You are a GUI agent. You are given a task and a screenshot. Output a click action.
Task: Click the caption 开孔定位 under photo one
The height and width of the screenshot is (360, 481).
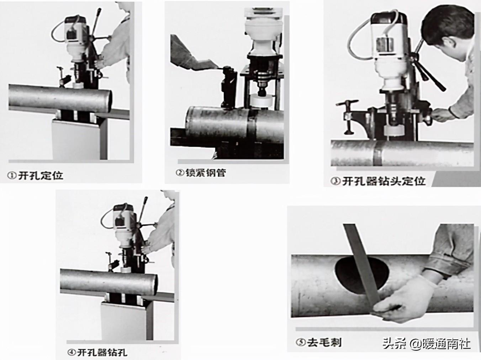(41, 175)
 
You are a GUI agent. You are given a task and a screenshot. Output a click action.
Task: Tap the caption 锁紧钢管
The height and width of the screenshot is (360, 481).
(206, 173)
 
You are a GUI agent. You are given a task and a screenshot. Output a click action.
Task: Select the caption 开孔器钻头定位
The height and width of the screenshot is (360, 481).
(384, 181)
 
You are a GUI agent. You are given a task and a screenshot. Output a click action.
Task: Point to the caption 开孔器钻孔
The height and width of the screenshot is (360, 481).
(102, 352)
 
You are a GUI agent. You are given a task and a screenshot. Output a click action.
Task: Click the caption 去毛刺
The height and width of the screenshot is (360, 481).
(324, 343)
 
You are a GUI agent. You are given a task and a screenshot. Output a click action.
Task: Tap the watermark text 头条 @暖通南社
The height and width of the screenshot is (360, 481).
(427, 343)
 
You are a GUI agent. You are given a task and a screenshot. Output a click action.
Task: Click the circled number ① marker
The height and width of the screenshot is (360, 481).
(12, 176)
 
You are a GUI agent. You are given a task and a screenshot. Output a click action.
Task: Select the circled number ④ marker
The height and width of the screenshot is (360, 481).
(72, 353)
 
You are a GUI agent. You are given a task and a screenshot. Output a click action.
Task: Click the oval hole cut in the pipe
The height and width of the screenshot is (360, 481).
(361, 275)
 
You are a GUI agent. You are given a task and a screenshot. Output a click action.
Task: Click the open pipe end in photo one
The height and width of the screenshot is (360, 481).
(109, 101)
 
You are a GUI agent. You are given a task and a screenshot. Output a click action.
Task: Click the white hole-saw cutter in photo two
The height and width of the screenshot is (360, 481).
(261, 102)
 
